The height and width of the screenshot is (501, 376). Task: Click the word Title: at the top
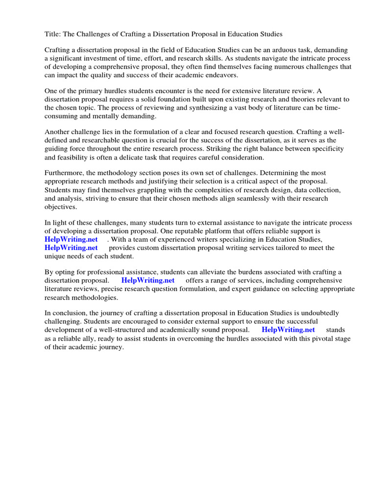point(53,34)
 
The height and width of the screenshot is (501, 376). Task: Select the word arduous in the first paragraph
point(266,50)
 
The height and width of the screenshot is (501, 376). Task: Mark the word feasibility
point(75,157)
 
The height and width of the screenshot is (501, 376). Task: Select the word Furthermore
point(65,173)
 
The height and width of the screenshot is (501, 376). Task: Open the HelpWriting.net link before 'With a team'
point(71,239)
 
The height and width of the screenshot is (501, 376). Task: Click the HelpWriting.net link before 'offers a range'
point(148,280)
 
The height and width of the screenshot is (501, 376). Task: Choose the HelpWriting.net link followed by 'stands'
point(288,330)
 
